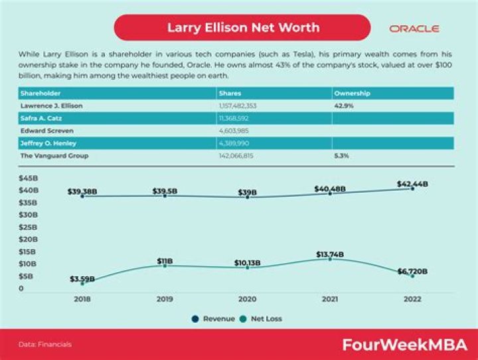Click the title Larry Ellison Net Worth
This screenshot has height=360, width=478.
coord(242,28)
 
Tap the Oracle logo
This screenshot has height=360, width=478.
coord(414,29)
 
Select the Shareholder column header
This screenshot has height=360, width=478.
coord(42,94)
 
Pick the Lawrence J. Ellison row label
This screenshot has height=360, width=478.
coord(53,106)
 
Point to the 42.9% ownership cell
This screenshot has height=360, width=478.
coord(344,106)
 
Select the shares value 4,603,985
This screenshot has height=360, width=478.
coord(234,131)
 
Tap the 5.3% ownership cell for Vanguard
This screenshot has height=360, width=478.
coord(342,155)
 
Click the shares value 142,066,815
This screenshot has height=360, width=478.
coord(236,155)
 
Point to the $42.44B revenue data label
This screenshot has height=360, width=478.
coord(412,183)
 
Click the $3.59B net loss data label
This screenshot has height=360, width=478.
coord(82,278)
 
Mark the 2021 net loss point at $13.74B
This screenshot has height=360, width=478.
coord(330,258)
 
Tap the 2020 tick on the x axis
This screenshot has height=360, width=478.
coord(248,300)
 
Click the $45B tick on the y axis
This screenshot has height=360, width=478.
coord(28,178)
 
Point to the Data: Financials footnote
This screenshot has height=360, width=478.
coord(44,345)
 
